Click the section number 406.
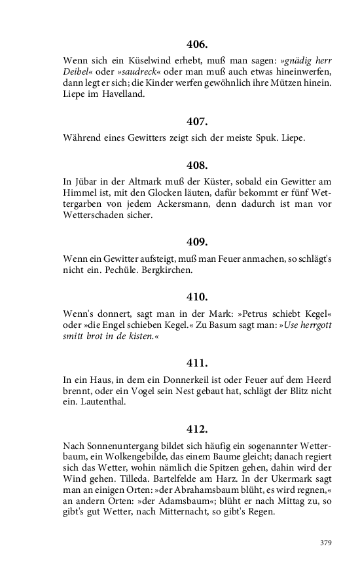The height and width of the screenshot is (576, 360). (197, 45)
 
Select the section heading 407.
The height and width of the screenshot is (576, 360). (197, 122)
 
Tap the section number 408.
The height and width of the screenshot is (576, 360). (197, 165)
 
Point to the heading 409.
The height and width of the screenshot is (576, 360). (197, 242)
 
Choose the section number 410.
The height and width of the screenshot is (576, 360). (197, 297)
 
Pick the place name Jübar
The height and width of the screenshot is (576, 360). (88, 181)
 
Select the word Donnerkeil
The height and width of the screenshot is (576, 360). (187, 379)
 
